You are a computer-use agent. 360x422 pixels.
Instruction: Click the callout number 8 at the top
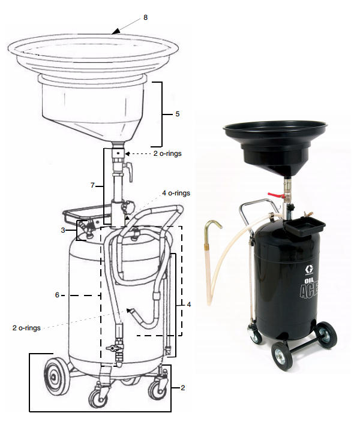(x=145, y=18)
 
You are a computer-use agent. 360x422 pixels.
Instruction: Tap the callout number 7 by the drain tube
(x=92, y=186)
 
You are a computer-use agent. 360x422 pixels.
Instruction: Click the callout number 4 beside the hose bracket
(x=189, y=305)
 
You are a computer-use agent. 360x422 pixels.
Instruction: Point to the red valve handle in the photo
(x=275, y=195)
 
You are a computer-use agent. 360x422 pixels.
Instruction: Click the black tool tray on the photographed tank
(x=305, y=227)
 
